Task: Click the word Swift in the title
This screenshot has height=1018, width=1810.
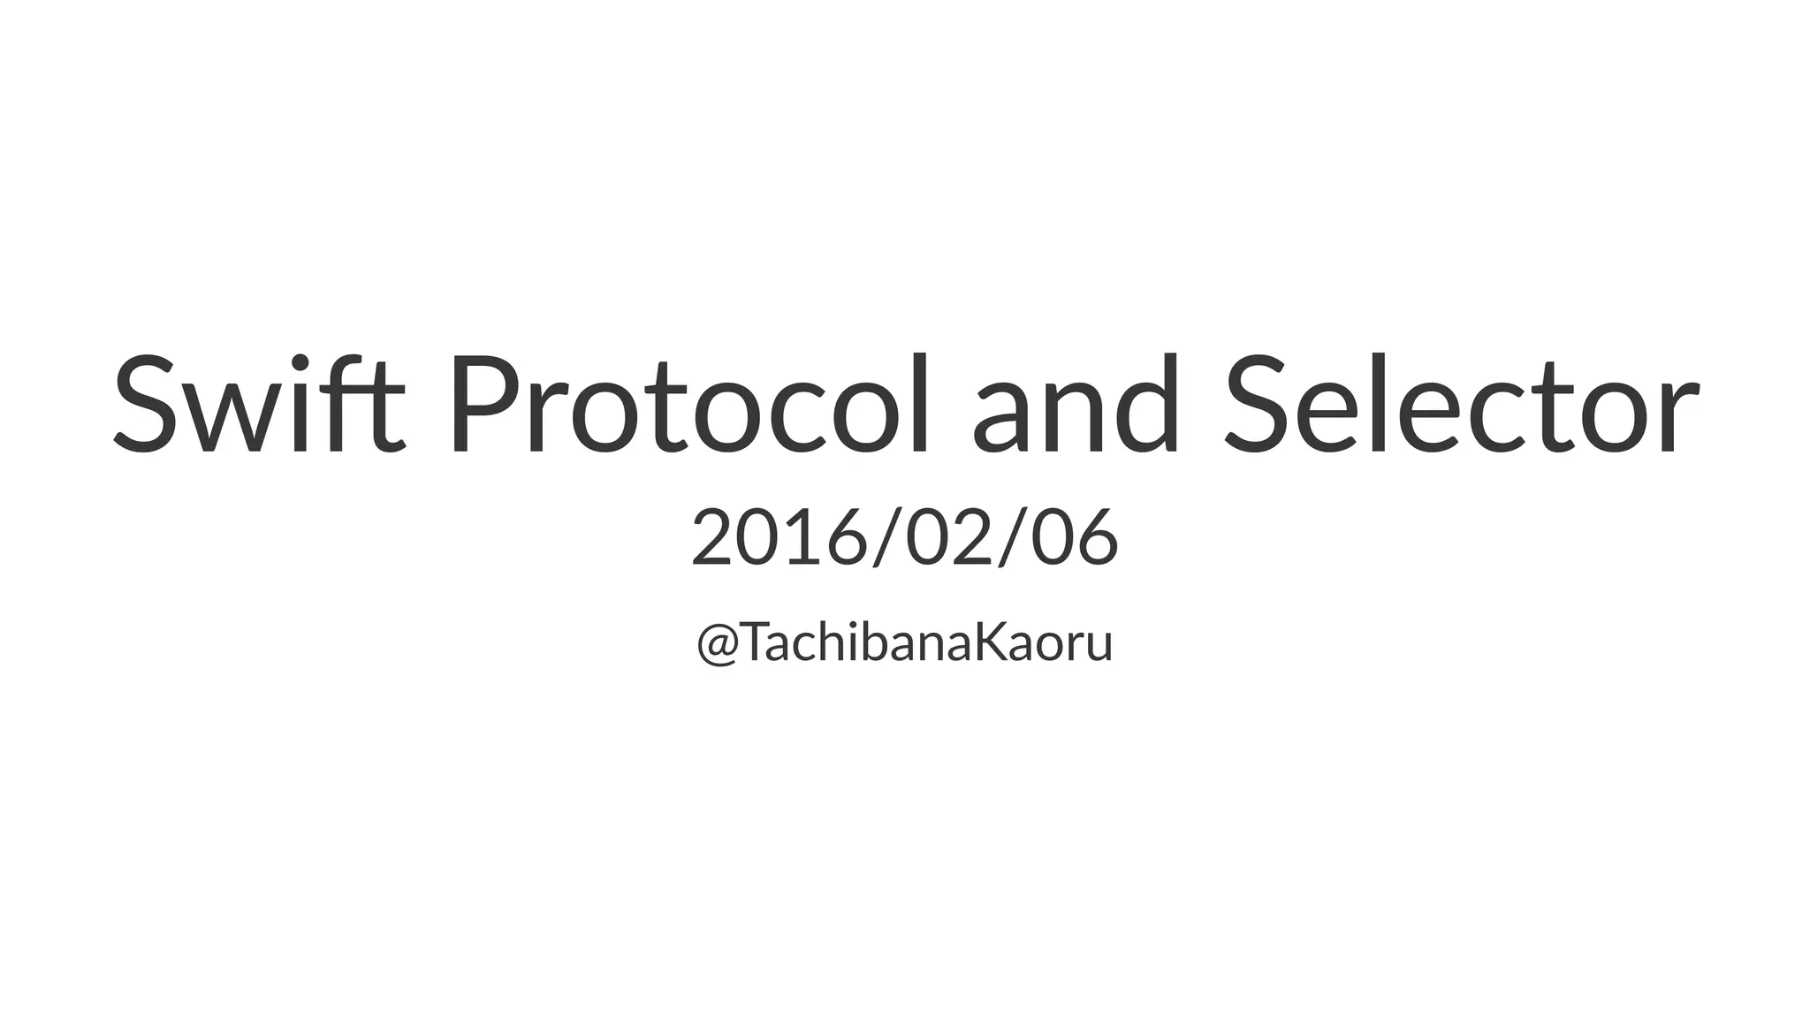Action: [259, 405]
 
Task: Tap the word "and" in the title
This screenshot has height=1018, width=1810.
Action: [1076, 405]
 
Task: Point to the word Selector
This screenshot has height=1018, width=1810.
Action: [1461, 405]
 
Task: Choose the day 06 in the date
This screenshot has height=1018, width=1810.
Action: [1074, 537]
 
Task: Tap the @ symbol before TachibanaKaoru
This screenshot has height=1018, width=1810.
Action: [717, 643]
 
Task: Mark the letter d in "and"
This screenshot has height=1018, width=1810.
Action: [1147, 405]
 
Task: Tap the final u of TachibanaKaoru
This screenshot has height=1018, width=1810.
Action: [1097, 647]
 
